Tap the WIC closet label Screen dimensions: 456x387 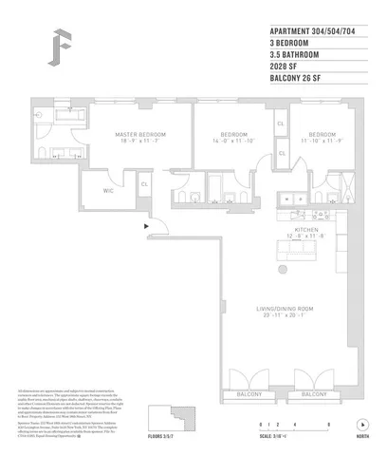(109, 189)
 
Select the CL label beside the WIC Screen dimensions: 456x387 (144, 184)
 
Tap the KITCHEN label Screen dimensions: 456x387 (305, 230)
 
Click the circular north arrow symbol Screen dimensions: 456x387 (361, 425)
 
